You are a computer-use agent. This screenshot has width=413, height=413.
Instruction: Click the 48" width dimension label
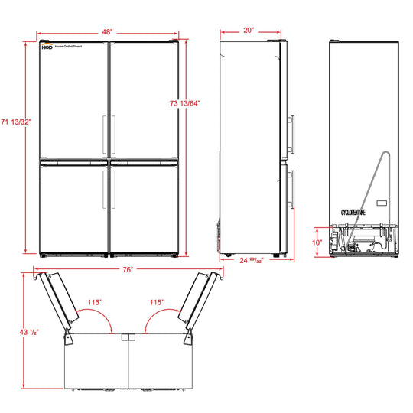pyautogui.click(x=108, y=32)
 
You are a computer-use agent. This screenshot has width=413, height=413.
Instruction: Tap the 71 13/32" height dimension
pyautogui.click(x=16, y=122)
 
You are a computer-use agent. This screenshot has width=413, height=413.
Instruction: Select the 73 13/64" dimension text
pyautogui.click(x=185, y=103)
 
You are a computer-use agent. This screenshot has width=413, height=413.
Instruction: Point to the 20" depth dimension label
pyautogui.click(x=249, y=31)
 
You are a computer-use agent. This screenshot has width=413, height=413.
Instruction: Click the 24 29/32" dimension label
pyautogui.click(x=252, y=261)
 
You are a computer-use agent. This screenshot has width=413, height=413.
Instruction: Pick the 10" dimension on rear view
pyautogui.click(x=317, y=242)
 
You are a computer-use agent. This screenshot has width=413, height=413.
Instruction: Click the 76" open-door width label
pyautogui.click(x=128, y=270)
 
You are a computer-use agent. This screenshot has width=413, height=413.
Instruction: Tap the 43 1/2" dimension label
pyautogui.click(x=29, y=332)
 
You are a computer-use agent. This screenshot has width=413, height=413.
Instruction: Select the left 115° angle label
pyautogui.click(x=95, y=302)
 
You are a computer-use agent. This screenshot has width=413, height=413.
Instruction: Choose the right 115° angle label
pyautogui.click(x=157, y=302)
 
